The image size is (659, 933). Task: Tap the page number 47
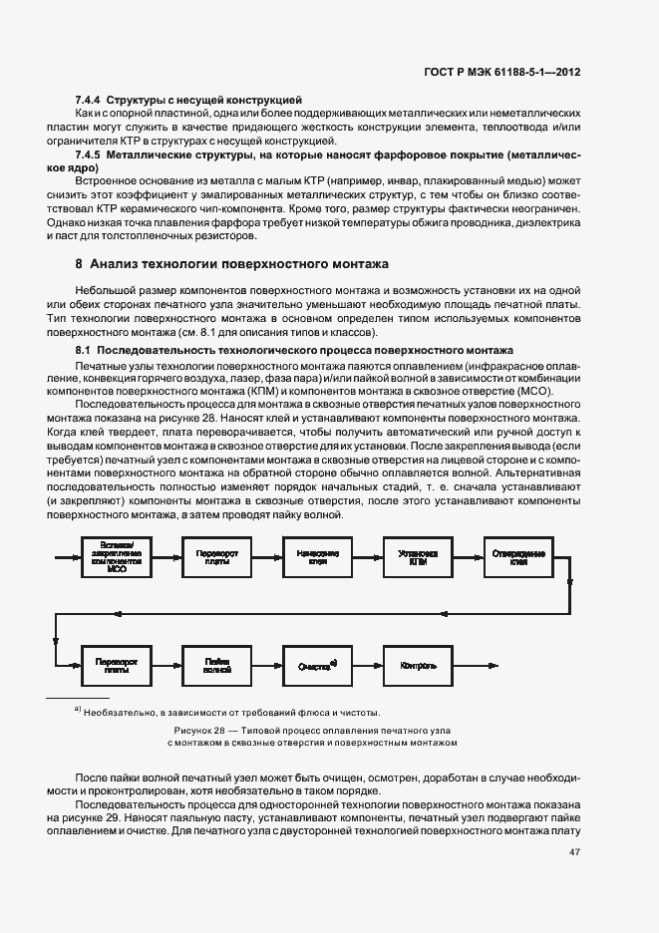[574, 852]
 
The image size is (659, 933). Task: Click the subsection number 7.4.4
[89, 101]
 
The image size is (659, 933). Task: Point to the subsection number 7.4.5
[89, 156]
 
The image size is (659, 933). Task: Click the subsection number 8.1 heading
[84, 351]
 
